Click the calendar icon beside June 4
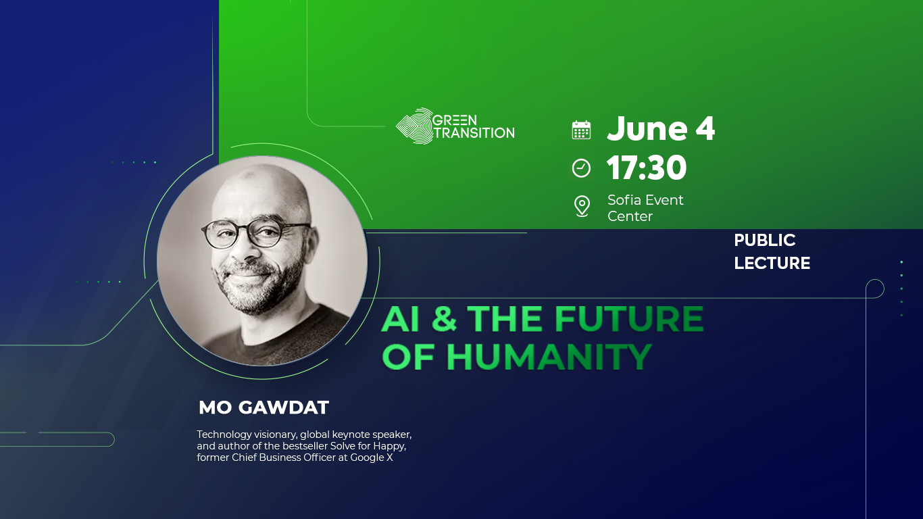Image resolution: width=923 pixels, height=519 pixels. click(581, 130)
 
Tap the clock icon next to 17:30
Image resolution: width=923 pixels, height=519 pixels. click(581, 168)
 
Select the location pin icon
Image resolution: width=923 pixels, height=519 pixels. click(582, 207)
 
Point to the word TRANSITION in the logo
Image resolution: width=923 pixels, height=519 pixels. click(474, 132)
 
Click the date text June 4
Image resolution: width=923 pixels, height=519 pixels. click(661, 129)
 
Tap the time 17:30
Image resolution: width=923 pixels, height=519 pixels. click(647, 168)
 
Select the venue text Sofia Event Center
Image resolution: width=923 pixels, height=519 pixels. click(645, 208)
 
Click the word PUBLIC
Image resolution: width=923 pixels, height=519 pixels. click(765, 241)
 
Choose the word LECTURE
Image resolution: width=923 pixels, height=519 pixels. click(772, 263)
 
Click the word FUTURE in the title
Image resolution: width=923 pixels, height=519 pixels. click(629, 319)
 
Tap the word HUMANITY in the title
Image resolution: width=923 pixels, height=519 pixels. click(549, 357)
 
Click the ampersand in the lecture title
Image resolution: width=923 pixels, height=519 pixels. click(444, 319)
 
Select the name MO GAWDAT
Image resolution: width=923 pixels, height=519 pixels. click(264, 407)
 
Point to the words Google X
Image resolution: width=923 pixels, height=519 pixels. click(371, 458)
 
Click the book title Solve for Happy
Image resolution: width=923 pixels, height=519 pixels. click(368, 446)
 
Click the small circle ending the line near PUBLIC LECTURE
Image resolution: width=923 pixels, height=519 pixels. click(874, 288)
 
